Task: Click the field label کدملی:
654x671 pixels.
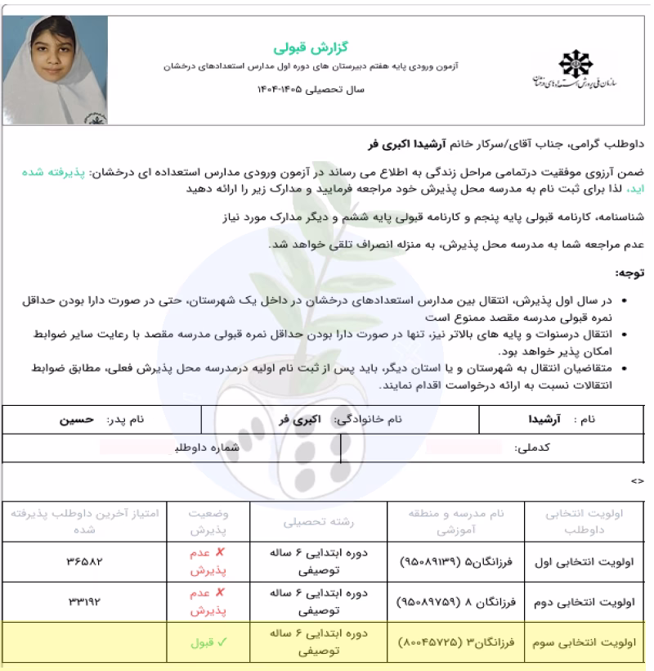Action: click(533, 448)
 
